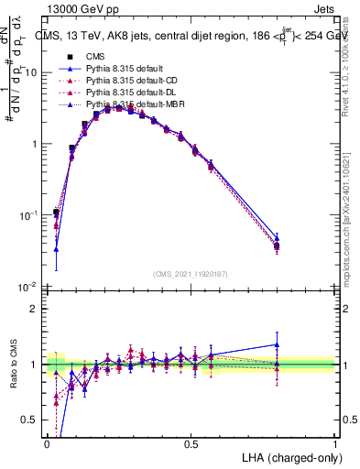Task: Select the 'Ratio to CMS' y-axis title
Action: coord(13,364)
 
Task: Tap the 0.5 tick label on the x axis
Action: coord(191,443)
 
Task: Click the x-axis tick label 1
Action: coord(335,443)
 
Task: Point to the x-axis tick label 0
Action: coord(48,443)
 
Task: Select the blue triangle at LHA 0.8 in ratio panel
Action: coord(277,345)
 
